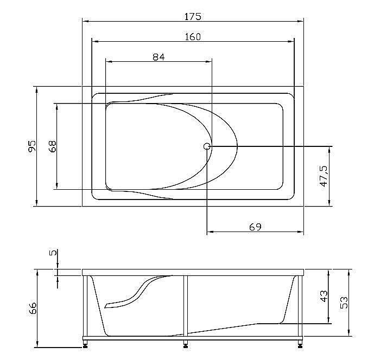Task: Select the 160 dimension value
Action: coord(193,37)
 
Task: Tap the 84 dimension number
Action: coord(158,57)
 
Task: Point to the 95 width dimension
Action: coord(32,146)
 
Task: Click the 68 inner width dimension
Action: coord(52,146)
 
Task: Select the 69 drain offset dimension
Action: coord(255,227)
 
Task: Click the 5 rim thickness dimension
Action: coord(52,253)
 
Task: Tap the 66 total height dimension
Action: coord(32,308)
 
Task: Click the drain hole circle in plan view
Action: coord(207,146)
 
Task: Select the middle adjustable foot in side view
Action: coord(186,343)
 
